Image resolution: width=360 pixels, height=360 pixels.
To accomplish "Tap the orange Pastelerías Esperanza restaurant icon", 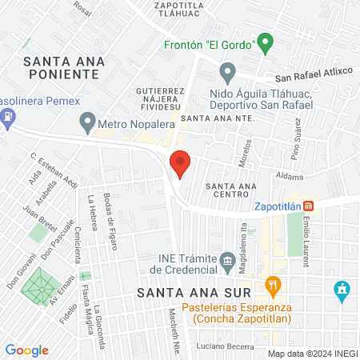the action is pyautogui.click(x=274, y=285).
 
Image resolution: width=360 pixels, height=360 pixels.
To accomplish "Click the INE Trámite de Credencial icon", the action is pyautogui.click(x=227, y=261).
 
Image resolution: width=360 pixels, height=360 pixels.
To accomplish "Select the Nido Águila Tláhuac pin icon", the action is pyautogui.click(x=228, y=74).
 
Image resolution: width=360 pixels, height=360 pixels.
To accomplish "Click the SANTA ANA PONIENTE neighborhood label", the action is pyautogui.click(x=61, y=66).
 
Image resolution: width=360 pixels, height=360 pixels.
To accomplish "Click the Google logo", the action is pyautogui.click(x=26, y=350).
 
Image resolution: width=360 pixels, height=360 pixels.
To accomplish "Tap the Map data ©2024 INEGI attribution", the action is pyautogui.click(x=312, y=354).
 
